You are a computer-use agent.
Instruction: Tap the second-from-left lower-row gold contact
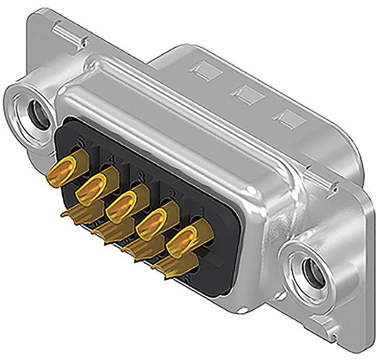106,233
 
